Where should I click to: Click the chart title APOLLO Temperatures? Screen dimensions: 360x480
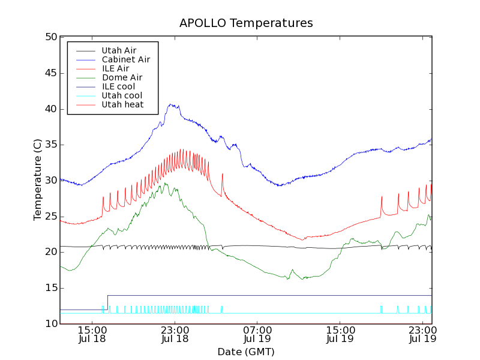pos(246,23)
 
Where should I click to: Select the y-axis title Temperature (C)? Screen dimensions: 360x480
pos(38,180)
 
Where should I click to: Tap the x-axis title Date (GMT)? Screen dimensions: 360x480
pos(246,352)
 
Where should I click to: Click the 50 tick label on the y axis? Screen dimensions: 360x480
pos(51,37)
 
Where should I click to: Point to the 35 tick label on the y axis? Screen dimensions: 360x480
pos(51,145)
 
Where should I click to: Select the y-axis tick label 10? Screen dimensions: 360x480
pos(51,324)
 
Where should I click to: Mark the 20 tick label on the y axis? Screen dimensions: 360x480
pos(51,252)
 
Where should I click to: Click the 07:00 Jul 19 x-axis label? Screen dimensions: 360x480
pos(257,334)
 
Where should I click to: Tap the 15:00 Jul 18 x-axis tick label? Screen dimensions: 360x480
pos(92,334)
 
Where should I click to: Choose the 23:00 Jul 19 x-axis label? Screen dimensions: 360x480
pos(422,334)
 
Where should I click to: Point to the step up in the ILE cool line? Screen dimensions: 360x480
pos(107,302)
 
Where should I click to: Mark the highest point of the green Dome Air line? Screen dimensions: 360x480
pos(166,184)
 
